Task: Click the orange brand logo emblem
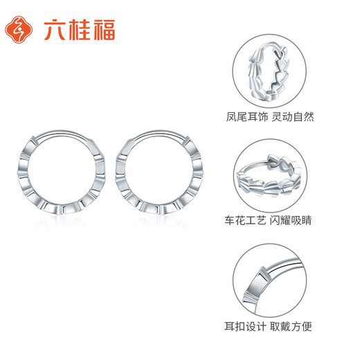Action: pyautogui.click(x=19, y=30)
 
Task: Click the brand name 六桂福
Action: pyautogui.click(x=78, y=30)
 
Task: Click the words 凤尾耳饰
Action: pyautogui.click(x=246, y=116)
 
